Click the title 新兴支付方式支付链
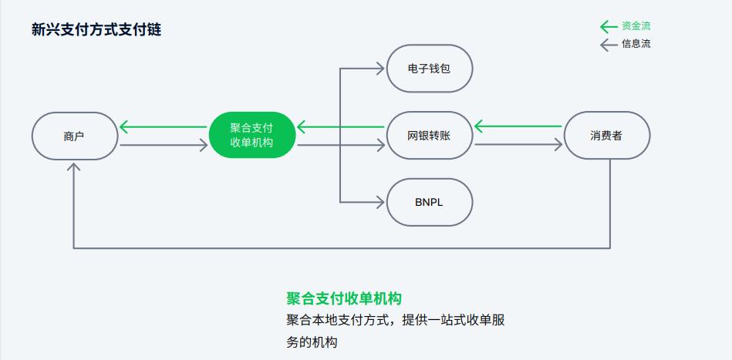click(96, 30)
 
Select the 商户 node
click(74, 136)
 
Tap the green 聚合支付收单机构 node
click(251, 135)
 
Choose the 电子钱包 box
click(429, 69)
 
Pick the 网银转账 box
click(429, 136)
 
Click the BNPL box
click(429, 202)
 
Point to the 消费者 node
click(607, 136)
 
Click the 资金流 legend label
click(636, 26)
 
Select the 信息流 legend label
click(636, 44)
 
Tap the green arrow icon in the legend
click(609, 26)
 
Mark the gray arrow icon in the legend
click(609, 44)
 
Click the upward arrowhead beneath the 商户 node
click(74, 167)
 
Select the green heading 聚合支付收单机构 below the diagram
click(344, 298)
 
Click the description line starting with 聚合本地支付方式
click(395, 320)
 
